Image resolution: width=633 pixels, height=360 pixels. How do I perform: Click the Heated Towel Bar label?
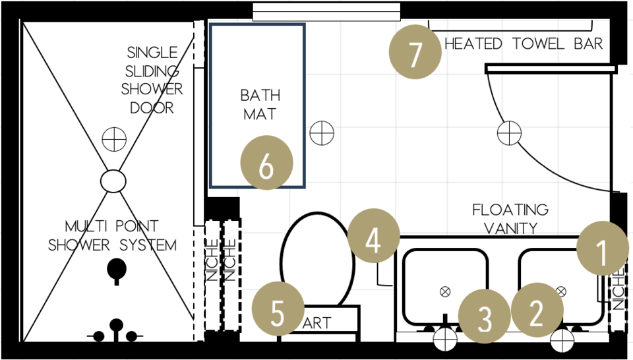click(524, 44)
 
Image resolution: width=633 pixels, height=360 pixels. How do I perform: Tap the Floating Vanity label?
click(510, 219)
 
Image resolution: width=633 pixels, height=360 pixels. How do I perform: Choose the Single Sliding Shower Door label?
click(152, 80)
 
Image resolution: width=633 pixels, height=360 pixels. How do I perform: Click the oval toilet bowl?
click(314, 260)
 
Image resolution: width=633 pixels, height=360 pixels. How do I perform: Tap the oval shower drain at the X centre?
click(113, 180)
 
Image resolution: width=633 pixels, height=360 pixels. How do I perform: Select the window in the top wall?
click(326, 12)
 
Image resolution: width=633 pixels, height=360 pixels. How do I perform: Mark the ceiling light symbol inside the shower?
click(114, 140)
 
